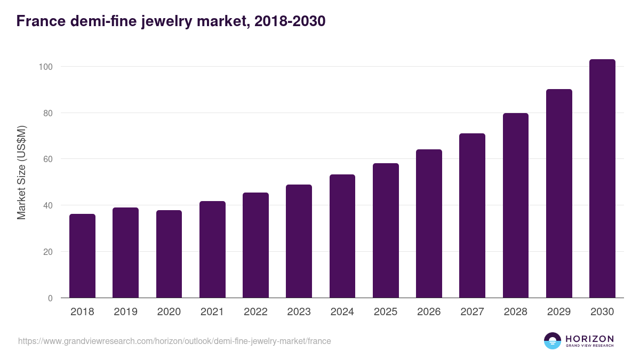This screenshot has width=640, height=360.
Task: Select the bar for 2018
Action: (x=82, y=256)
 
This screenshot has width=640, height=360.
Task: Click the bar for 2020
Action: (x=169, y=254)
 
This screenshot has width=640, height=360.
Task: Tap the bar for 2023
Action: (x=299, y=241)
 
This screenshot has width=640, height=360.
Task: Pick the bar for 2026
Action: (x=429, y=223)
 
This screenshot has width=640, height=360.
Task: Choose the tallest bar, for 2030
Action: (x=602, y=179)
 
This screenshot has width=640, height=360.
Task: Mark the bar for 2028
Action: (x=516, y=205)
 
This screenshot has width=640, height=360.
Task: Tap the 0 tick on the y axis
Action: (x=50, y=298)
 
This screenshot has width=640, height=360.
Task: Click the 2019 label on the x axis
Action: (x=125, y=312)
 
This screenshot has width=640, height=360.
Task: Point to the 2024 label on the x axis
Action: (x=342, y=312)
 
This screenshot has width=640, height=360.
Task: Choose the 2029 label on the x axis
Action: (x=559, y=312)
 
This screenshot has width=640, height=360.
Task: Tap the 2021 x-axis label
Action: (x=212, y=312)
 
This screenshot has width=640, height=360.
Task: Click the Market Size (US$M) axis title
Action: (x=21, y=172)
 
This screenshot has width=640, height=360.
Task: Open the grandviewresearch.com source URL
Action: (x=174, y=341)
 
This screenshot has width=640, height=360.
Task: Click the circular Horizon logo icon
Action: (x=553, y=341)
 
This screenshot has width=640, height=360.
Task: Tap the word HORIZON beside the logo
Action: (x=589, y=338)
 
